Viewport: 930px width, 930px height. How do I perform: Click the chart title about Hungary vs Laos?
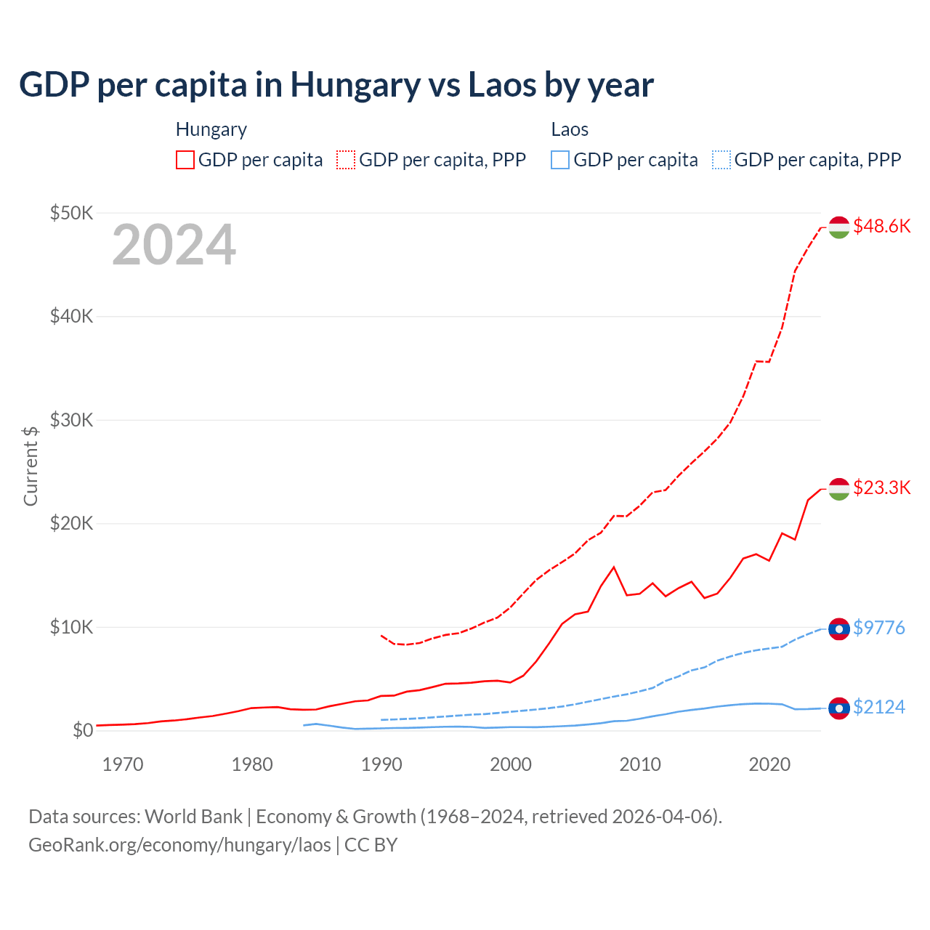pyautogui.click(x=336, y=85)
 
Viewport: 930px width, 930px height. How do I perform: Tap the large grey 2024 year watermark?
pyautogui.click(x=174, y=246)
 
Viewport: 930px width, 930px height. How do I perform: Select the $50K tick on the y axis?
pyautogui.click(x=71, y=213)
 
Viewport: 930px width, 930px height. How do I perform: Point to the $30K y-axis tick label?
pyautogui.click(x=71, y=420)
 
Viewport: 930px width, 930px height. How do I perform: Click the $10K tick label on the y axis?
pyautogui.click(x=71, y=627)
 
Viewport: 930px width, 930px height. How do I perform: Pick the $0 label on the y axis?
pyautogui.click(x=82, y=730)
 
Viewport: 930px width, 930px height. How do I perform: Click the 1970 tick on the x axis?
pyautogui.click(x=123, y=764)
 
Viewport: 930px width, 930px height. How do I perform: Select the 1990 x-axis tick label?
pyautogui.click(x=381, y=764)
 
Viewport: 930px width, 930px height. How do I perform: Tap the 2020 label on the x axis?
pyautogui.click(x=769, y=764)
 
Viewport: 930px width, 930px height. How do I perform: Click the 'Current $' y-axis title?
pyautogui.click(x=31, y=466)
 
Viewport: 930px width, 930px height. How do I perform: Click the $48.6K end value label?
pyautogui.click(x=881, y=227)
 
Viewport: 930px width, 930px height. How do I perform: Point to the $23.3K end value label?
pyautogui.click(x=881, y=488)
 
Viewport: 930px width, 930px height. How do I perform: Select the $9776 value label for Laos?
pyautogui.click(x=879, y=628)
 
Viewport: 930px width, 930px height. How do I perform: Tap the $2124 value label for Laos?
pyautogui.click(x=879, y=707)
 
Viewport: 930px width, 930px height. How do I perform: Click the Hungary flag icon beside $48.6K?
pyautogui.click(x=839, y=227)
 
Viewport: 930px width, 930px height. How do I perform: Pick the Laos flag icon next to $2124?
pyautogui.click(x=839, y=708)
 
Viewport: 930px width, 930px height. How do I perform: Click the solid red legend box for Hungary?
pyautogui.click(x=185, y=160)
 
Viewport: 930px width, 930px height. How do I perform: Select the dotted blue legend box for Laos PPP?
pyautogui.click(x=721, y=160)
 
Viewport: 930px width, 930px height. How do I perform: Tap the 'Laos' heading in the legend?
pyautogui.click(x=570, y=130)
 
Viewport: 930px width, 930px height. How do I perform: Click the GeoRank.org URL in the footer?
pyautogui.click(x=179, y=845)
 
